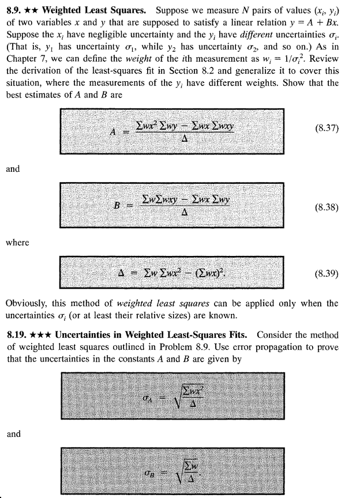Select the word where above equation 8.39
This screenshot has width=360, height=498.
17,243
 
